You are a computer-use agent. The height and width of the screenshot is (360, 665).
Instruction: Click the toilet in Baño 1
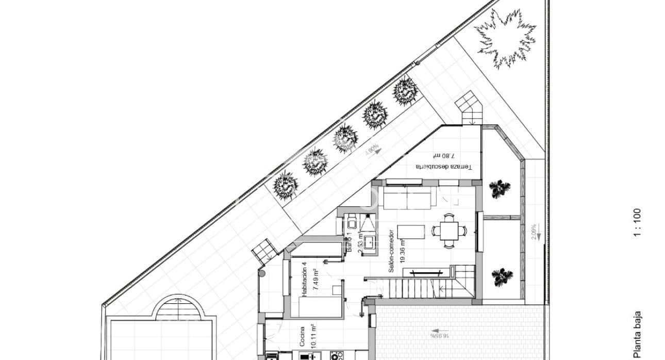(x=351, y=223)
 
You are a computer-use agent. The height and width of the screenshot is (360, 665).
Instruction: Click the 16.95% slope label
(x=439, y=335)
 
